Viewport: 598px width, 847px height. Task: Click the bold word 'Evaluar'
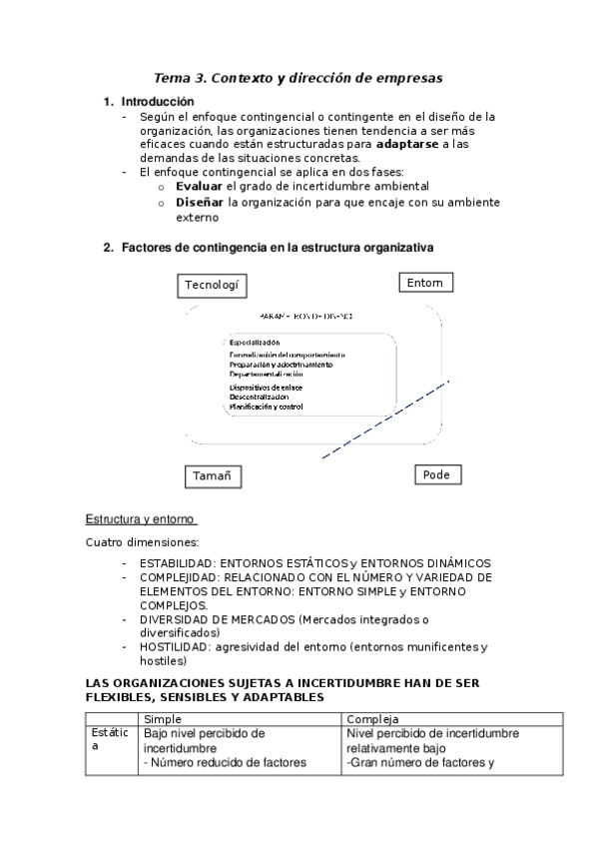click(199, 186)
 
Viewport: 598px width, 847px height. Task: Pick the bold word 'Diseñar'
click(200, 201)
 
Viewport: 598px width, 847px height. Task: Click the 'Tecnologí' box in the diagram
click(212, 286)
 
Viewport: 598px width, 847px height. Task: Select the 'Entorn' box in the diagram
click(425, 284)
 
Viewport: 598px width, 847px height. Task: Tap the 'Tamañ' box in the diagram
click(215, 476)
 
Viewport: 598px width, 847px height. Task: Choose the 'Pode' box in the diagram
click(436, 474)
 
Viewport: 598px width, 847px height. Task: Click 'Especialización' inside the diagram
click(255, 343)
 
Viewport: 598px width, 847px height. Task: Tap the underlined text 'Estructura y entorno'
click(140, 519)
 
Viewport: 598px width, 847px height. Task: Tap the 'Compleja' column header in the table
click(372, 719)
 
